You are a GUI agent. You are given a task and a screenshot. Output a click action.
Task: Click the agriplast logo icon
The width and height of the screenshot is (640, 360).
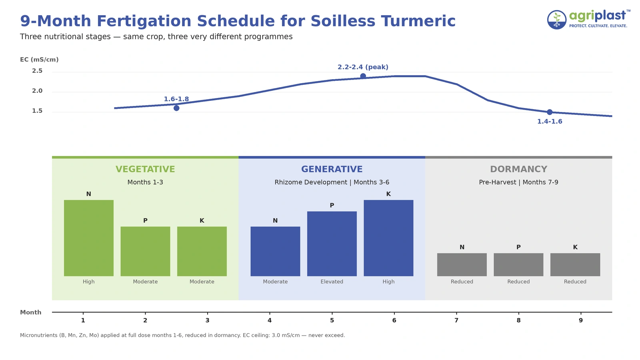pos(556,20)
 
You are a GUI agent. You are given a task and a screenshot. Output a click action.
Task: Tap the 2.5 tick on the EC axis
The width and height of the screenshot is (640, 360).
pos(37,71)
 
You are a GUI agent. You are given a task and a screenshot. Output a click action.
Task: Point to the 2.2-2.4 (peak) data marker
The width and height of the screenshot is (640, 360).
pos(363,76)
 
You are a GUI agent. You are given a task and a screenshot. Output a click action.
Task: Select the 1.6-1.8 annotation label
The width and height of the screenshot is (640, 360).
pos(176,99)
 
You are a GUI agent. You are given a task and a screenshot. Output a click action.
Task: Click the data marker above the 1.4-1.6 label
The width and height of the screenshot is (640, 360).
pos(550,112)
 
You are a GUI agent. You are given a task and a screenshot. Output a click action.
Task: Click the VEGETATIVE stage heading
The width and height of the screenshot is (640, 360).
pos(145,169)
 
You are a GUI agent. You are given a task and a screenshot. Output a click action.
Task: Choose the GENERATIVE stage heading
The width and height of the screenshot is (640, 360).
pos(332,169)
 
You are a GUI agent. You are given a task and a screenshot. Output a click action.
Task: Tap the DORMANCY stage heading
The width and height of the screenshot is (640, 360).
pos(518,169)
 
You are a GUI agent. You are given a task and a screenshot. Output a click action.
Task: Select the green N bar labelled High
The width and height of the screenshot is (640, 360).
pos(89,238)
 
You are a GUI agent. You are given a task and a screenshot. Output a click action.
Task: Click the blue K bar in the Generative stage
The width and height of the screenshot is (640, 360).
pos(388,238)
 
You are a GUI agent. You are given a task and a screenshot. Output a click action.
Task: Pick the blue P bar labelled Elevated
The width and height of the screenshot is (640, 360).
pos(332,244)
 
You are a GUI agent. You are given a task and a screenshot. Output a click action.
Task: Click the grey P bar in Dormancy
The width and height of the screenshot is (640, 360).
pos(518,264)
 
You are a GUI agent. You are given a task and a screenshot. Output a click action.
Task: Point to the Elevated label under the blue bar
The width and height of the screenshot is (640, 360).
pos(332,282)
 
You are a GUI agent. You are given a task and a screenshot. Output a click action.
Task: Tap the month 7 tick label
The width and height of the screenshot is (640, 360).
pos(456,320)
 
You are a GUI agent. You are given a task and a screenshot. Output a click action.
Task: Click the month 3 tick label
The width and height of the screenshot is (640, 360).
pos(207,320)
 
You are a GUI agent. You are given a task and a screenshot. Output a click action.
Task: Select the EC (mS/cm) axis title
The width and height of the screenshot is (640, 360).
pos(39,60)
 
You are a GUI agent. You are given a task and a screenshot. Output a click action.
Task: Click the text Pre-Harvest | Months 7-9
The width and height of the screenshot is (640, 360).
pos(518,182)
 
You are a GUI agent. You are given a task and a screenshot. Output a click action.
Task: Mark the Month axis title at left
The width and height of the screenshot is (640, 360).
pos(31,312)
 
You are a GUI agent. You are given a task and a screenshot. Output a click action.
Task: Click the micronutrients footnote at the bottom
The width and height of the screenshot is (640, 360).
pos(182,335)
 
